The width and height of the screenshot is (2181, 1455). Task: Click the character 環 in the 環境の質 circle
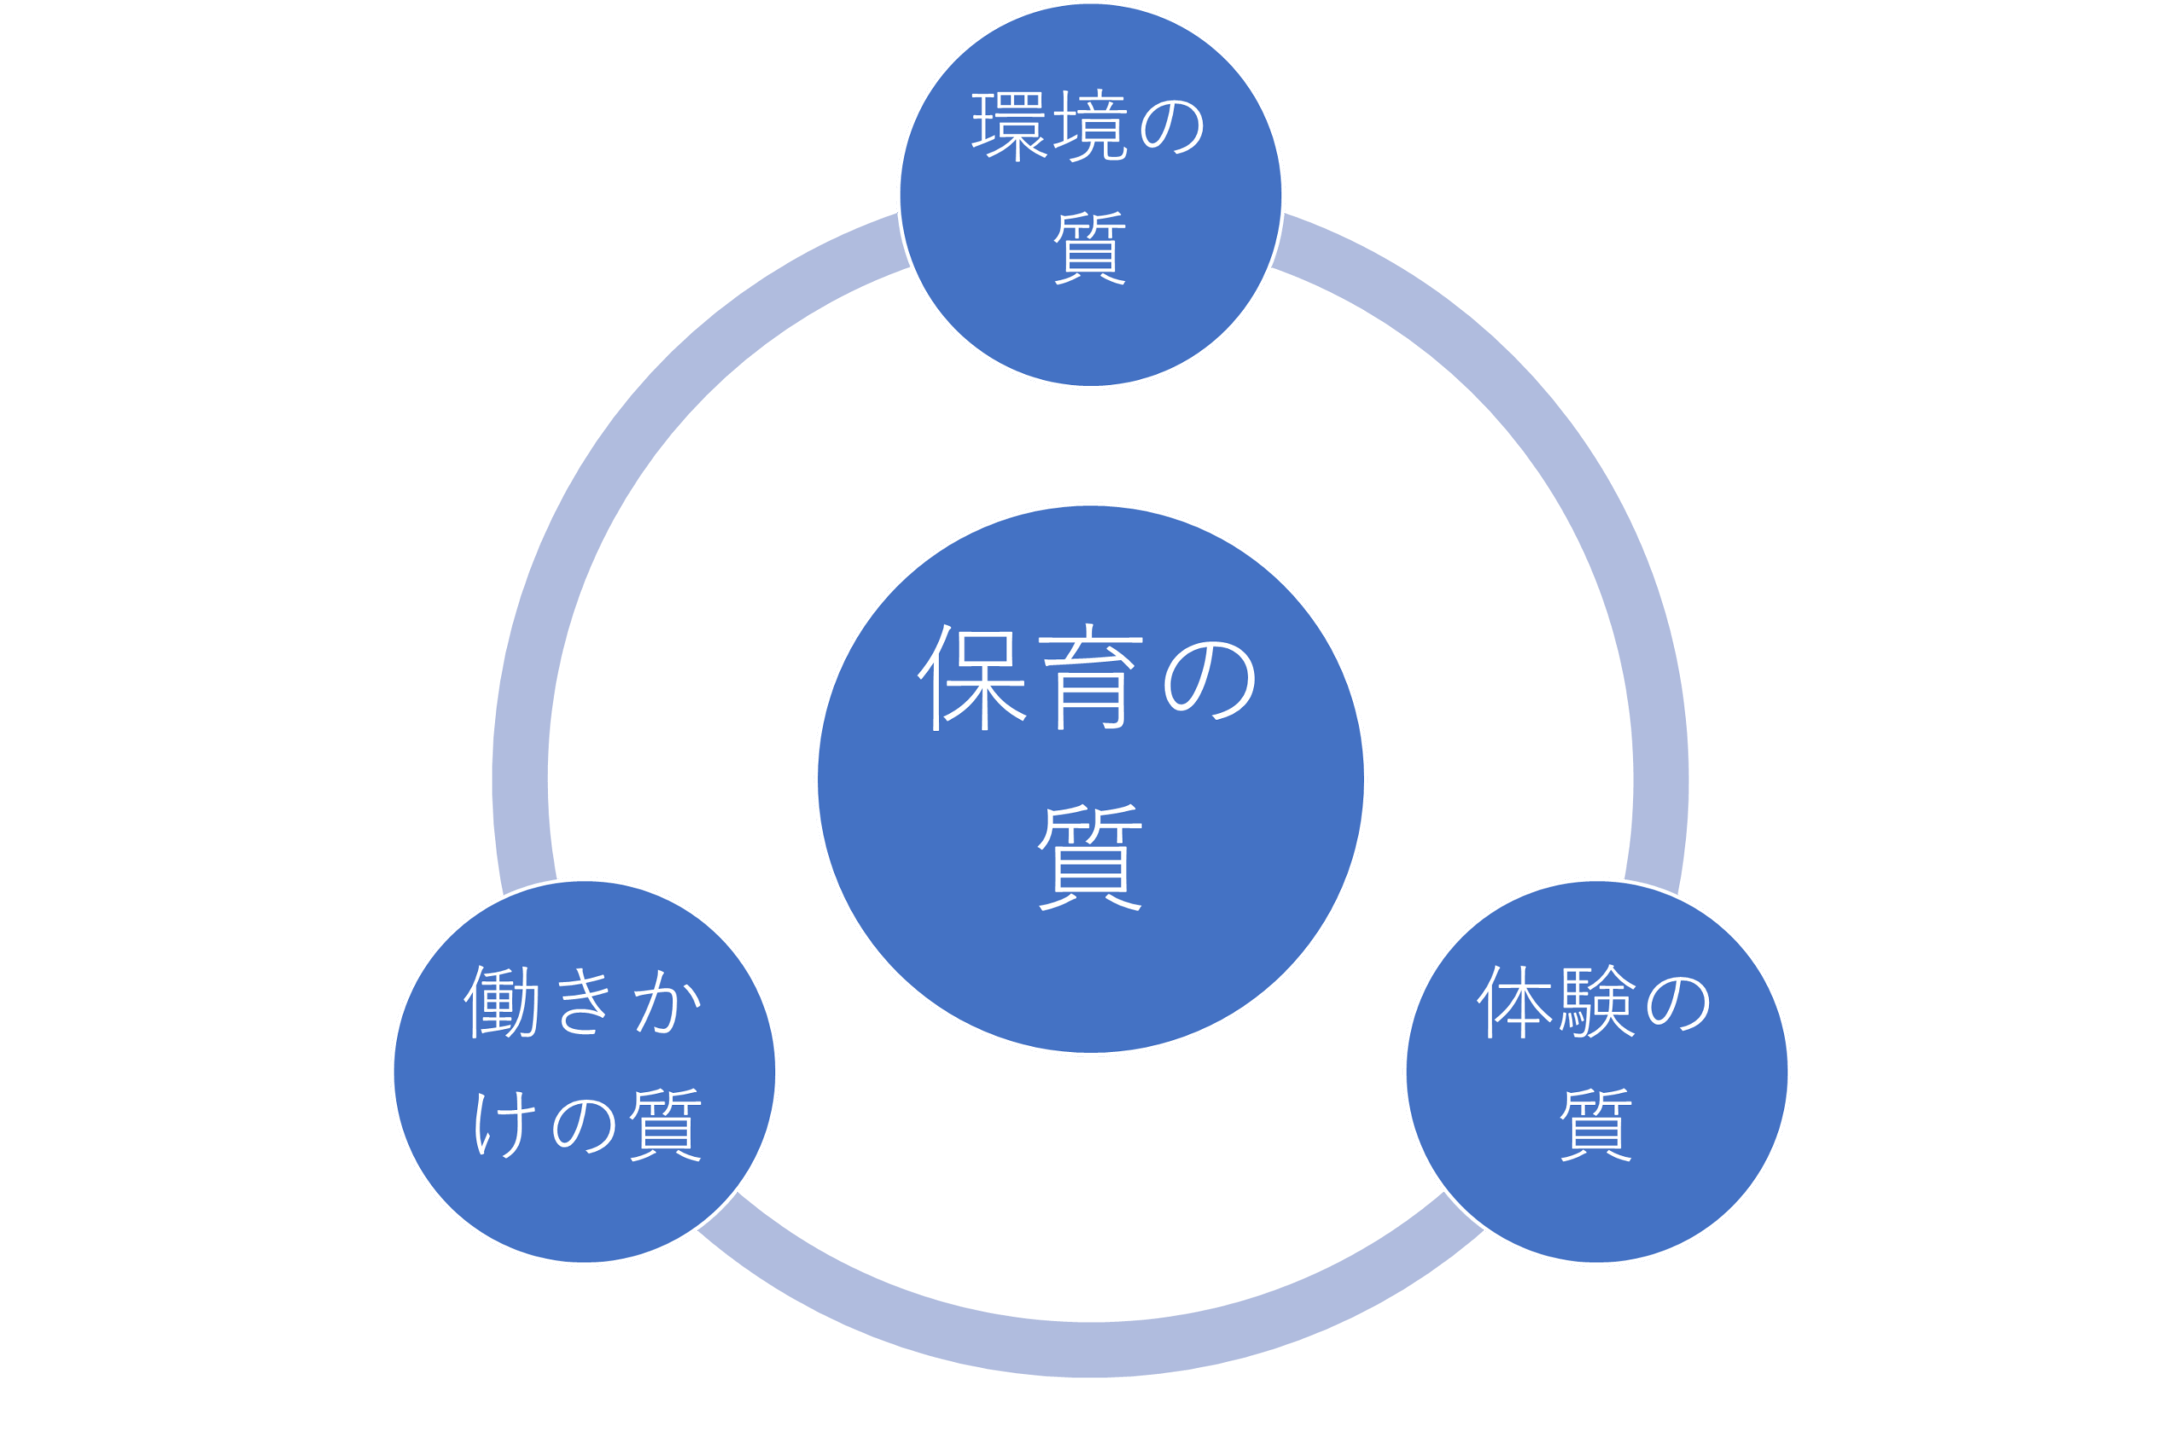[1010, 125]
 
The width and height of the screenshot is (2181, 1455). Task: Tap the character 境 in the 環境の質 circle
[1091, 125]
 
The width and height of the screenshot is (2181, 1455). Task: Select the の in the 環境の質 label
[1171, 125]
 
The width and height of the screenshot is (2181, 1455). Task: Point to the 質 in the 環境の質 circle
[1090, 248]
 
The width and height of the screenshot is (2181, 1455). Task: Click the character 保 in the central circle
[972, 677]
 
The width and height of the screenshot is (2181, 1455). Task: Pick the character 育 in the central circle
[1090, 677]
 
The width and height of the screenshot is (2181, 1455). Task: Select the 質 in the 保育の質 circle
[1090, 856]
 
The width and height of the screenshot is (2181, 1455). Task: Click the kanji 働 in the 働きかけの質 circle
[502, 1002]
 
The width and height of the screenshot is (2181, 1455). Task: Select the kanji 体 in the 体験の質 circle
[1514, 1002]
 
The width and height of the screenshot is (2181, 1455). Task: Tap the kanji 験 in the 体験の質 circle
[1596, 1002]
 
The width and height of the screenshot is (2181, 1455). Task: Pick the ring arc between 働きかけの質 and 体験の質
[1090, 1349]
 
